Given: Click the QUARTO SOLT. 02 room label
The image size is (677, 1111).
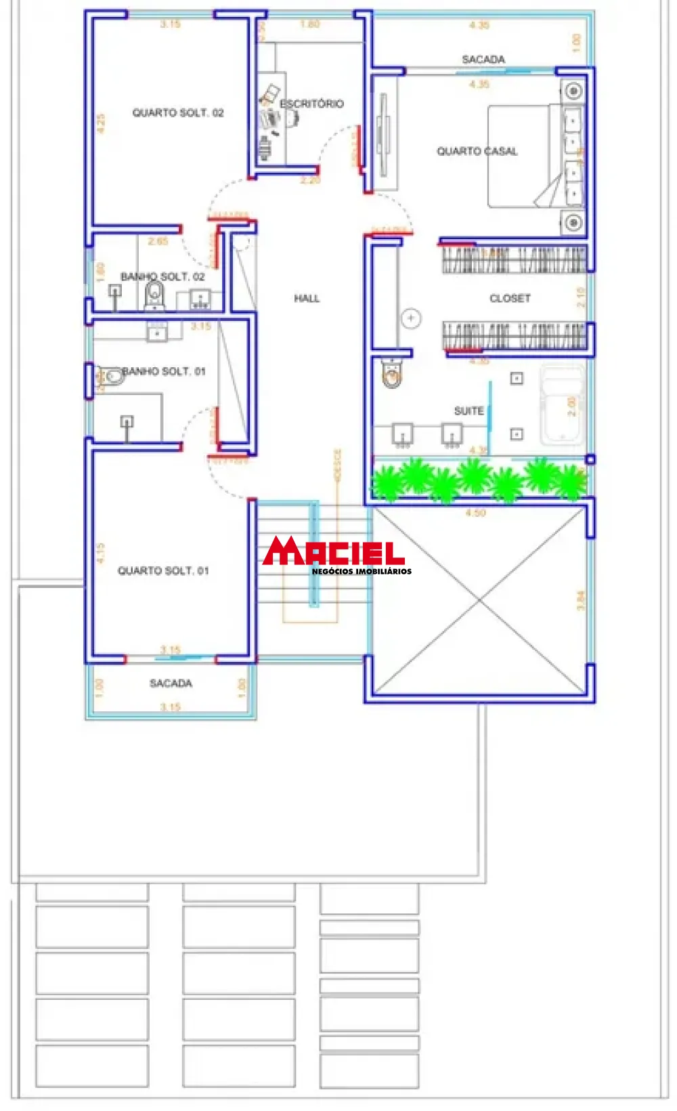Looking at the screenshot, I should coord(177,113).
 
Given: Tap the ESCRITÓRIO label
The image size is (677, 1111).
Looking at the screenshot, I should coord(312,104).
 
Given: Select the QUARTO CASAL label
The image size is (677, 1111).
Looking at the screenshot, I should coord(477,151).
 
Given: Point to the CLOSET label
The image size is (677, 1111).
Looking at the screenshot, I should coord(510,298).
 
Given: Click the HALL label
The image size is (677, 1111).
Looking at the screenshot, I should coord(307,298).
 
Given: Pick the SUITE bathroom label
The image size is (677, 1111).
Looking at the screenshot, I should coord(468,411).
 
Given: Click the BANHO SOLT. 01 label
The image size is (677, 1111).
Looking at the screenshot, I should coord(164,371).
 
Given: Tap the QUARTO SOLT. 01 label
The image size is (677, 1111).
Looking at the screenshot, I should coord(163,570).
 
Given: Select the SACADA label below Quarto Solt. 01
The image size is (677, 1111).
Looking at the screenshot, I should coord(171,683).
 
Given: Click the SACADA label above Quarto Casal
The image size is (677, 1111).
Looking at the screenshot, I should coord(483,60).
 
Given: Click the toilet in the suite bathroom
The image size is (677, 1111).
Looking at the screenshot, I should coord(392,373).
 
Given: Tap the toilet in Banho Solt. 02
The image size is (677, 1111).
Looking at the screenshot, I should coord(155,295).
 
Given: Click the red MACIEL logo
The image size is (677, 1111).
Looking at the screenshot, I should coord(333,551).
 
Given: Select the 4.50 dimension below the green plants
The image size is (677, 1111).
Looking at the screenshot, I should coord(475,513).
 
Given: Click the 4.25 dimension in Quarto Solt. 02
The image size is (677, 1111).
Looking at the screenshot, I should coord(101,123).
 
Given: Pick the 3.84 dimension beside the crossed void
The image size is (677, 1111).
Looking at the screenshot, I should coord(580,600).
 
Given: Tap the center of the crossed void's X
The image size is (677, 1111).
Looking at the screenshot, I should coord(480,600).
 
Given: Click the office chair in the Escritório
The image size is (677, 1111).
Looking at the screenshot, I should coord(291,119).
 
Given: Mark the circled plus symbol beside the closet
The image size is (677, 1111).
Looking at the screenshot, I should coord(411,318).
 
